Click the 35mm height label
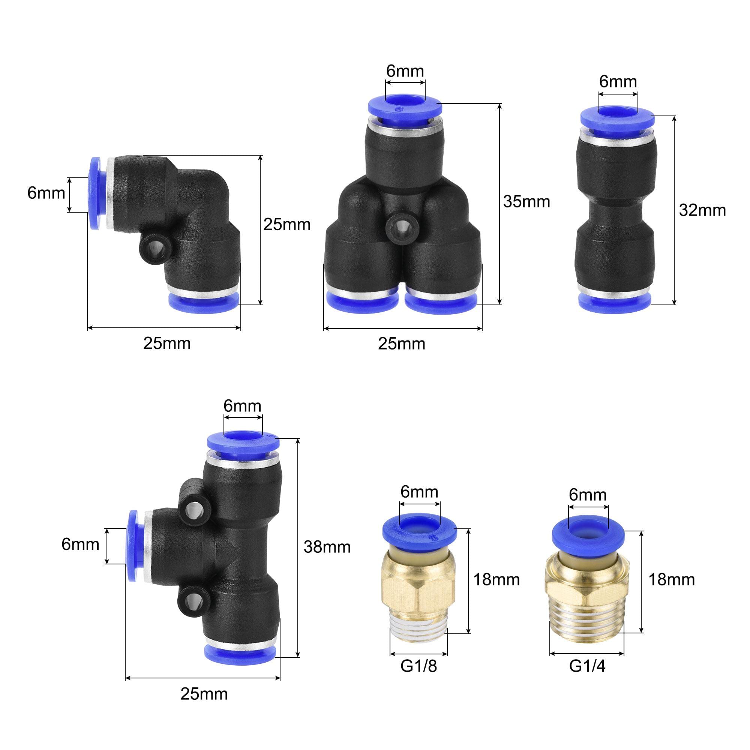(x=526, y=201)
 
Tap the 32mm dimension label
(x=702, y=210)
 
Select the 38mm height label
(x=327, y=547)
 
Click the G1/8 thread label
(x=418, y=666)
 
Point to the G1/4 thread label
(x=587, y=666)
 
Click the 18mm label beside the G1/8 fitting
(x=496, y=580)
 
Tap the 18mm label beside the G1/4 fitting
(x=672, y=580)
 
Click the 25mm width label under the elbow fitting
(x=167, y=343)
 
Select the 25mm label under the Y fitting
(x=402, y=344)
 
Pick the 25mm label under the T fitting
(x=204, y=694)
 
